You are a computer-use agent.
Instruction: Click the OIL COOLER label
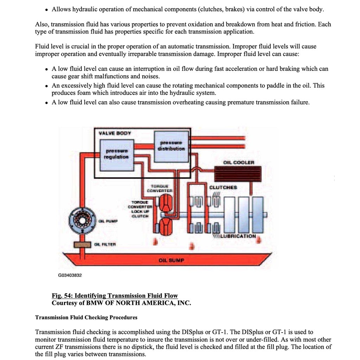click(x=239, y=162)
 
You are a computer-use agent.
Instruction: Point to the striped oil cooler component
click(x=238, y=174)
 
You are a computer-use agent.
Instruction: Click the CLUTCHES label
click(x=223, y=187)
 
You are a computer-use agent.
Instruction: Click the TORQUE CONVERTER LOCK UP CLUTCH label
click(x=140, y=209)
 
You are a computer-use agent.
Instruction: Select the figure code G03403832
click(x=70, y=275)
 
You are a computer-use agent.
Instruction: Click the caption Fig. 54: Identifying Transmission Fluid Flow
click(x=115, y=296)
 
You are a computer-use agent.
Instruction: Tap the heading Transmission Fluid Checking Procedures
click(x=86, y=317)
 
